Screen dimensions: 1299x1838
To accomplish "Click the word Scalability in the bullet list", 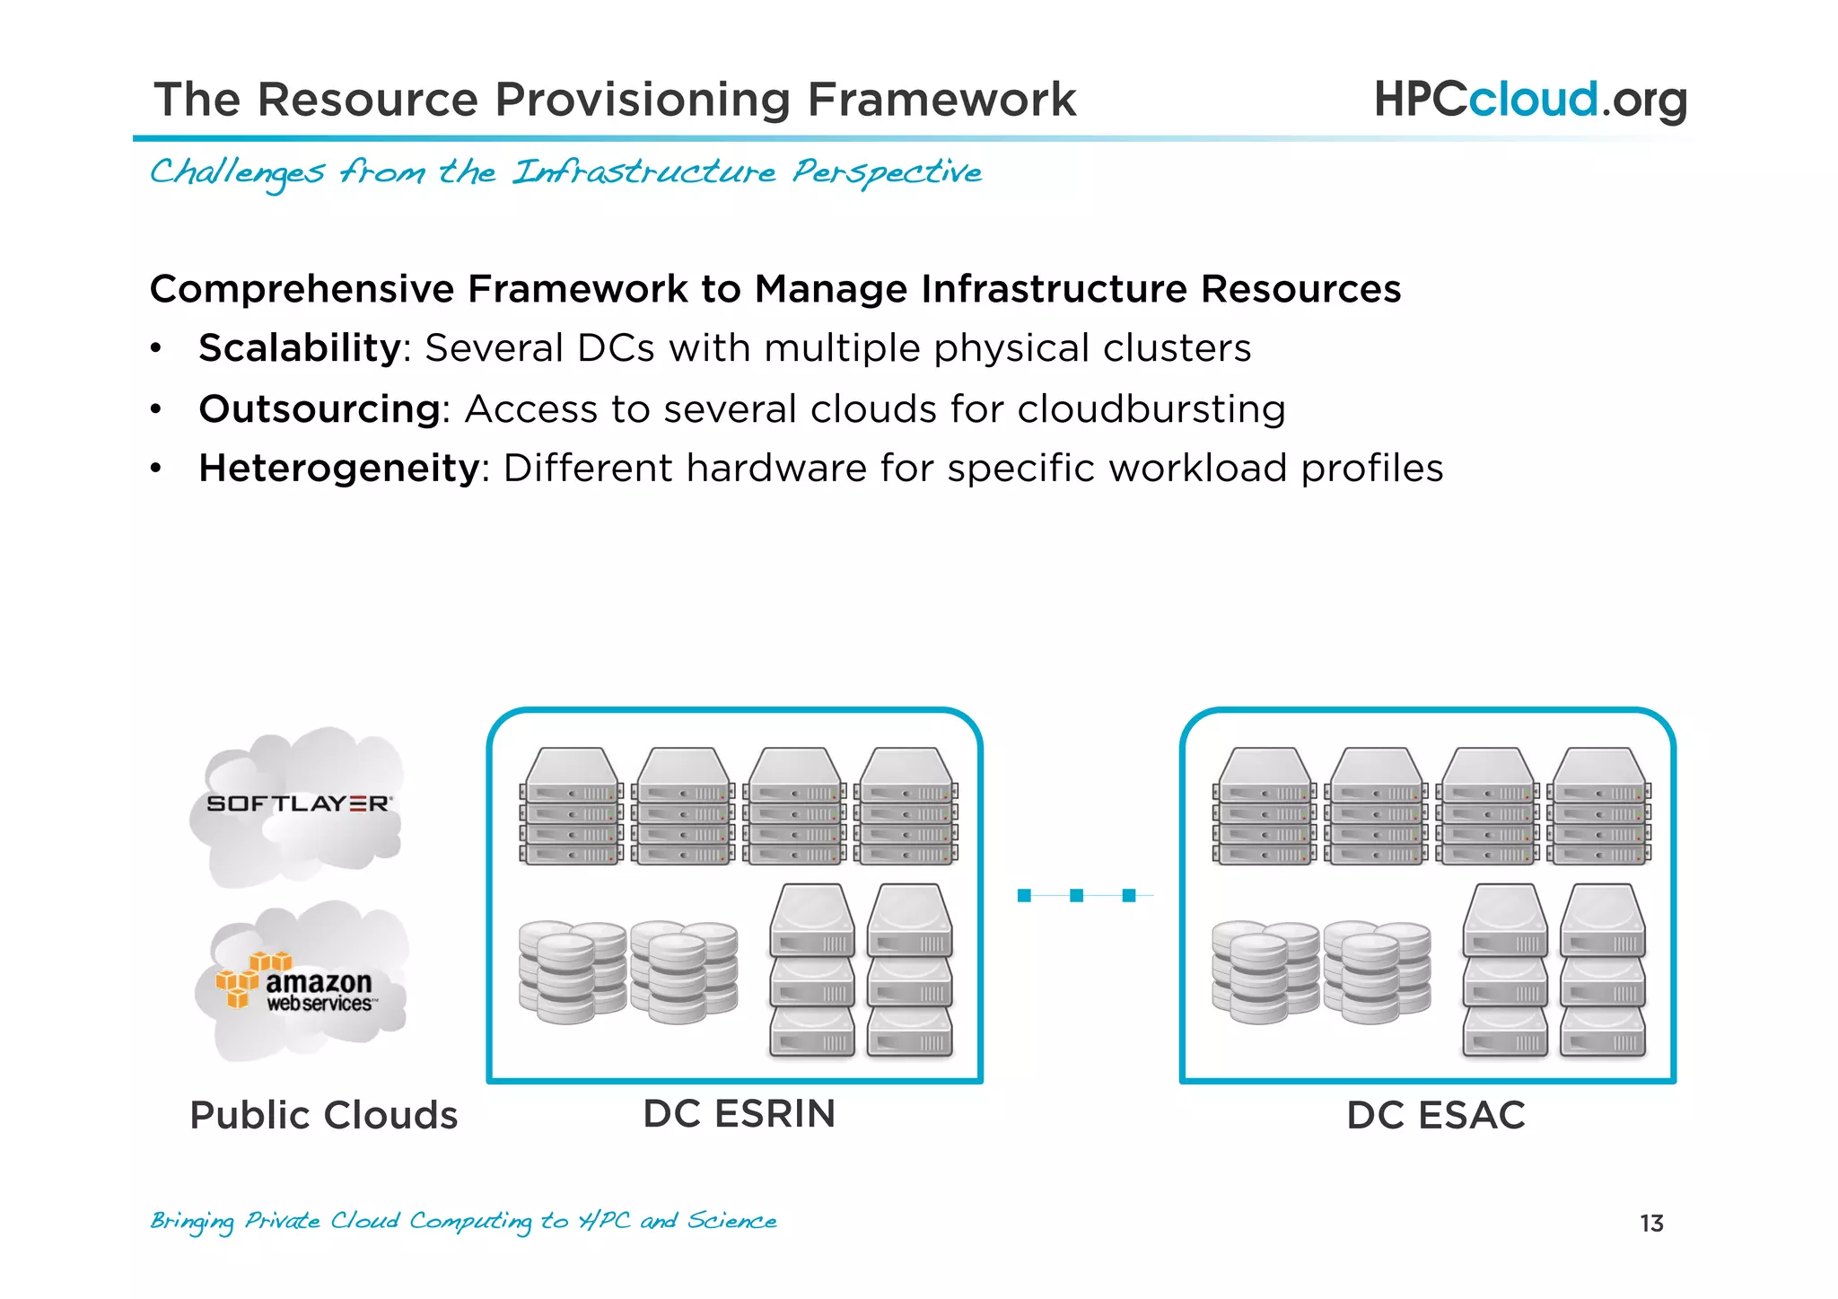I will [x=300, y=348].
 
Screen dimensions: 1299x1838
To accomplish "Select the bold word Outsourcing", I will [x=319, y=409].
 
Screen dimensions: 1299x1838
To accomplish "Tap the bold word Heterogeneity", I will [x=339, y=469].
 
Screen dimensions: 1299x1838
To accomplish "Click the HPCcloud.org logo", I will [x=1530, y=100].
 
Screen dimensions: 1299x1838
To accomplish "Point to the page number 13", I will [x=1651, y=1224].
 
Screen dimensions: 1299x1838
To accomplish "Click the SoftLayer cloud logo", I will [x=298, y=804].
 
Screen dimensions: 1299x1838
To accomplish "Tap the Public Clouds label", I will [x=324, y=1116].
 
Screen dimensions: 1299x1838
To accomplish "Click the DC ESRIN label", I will [x=739, y=1114].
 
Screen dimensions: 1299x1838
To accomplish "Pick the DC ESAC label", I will [x=1435, y=1116].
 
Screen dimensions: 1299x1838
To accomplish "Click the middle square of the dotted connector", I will [x=1077, y=895].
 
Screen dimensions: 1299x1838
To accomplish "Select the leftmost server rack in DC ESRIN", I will [x=572, y=806].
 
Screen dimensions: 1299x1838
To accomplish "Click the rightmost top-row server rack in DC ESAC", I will [x=1599, y=806].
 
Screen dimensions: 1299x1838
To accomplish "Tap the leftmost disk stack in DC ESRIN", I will [x=572, y=971].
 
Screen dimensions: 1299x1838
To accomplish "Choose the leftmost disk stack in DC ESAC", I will [x=1265, y=971].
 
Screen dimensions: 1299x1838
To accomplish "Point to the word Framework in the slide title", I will [x=941, y=100].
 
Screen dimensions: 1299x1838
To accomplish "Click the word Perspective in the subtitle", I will [x=887, y=172].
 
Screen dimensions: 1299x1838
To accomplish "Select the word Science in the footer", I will [x=731, y=1221].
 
